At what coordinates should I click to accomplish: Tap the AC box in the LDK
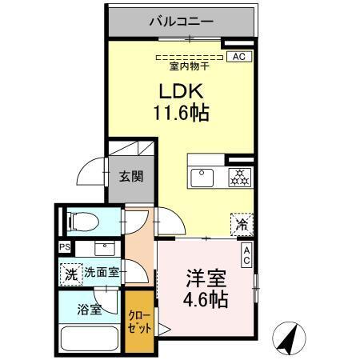tap(238, 57)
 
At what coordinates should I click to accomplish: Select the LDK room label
tap(182, 90)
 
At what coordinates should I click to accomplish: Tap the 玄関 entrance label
tap(131, 176)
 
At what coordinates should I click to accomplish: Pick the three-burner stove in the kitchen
tap(238, 177)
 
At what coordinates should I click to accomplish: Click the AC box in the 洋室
tap(246, 256)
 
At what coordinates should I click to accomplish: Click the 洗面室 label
tap(102, 272)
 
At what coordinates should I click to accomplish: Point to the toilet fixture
tap(84, 220)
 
